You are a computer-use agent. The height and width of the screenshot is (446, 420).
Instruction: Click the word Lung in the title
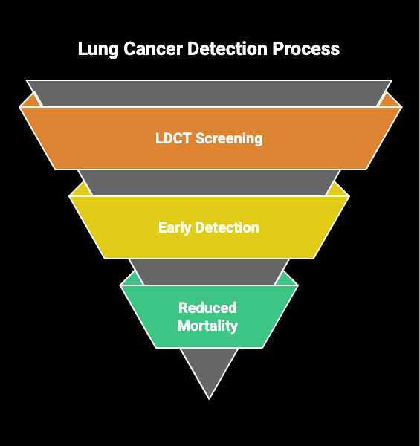(98, 49)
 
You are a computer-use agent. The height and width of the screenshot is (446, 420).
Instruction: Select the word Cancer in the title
(153, 48)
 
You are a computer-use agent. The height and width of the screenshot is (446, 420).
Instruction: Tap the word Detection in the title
(227, 48)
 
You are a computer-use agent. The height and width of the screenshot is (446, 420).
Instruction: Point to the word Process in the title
(306, 48)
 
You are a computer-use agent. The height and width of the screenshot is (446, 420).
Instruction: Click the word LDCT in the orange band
(173, 138)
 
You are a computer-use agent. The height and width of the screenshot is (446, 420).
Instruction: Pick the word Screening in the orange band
(229, 139)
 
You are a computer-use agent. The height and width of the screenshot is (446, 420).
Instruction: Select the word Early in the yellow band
(175, 228)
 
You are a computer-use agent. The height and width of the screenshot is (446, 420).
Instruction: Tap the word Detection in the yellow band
(227, 227)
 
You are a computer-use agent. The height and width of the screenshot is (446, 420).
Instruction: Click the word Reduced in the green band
(207, 308)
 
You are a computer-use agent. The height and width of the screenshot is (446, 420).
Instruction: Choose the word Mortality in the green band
(207, 326)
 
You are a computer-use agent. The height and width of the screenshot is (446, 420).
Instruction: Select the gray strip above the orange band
(209, 94)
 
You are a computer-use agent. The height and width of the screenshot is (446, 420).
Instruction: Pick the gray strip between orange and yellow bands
(209, 183)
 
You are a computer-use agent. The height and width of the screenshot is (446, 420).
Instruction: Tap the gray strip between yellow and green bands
(209, 271)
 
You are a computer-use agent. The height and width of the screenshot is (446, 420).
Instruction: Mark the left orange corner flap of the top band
(30, 102)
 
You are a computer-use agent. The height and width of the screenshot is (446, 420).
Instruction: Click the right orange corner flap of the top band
(389, 102)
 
